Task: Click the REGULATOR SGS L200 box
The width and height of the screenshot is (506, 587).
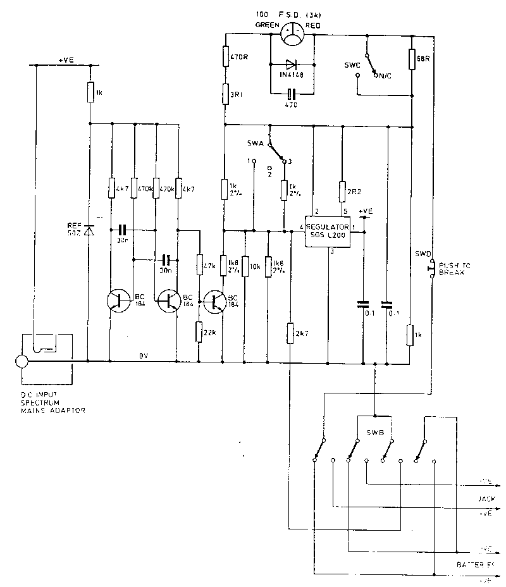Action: (x=328, y=230)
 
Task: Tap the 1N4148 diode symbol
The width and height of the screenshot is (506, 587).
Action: (x=291, y=64)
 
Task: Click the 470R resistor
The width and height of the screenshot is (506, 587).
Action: (x=225, y=56)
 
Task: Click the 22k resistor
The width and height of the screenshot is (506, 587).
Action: (x=199, y=330)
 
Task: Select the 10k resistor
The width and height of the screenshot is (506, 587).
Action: (x=245, y=268)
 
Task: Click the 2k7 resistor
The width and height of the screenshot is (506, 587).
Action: (x=290, y=333)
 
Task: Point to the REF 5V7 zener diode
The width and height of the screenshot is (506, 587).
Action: (x=89, y=231)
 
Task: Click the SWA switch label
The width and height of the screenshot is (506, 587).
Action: (x=255, y=144)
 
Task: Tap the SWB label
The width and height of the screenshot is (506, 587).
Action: (x=374, y=436)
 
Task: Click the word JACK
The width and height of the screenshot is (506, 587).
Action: (x=485, y=498)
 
